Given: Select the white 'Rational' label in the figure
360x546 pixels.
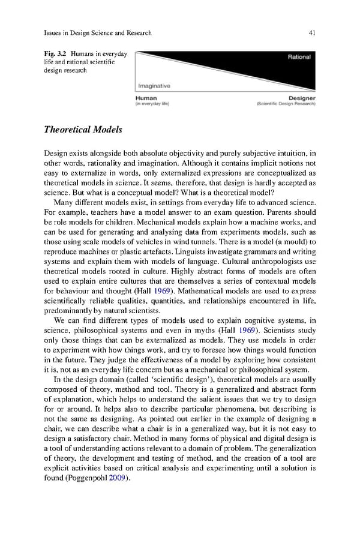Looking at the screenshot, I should click(x=298, y=57).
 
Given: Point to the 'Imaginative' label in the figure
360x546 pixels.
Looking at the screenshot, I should click(x=154, y=86).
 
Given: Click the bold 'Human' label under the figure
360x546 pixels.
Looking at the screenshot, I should click(x=146, y=98).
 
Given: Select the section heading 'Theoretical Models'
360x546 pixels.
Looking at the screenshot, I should click(x=83, y=129).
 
